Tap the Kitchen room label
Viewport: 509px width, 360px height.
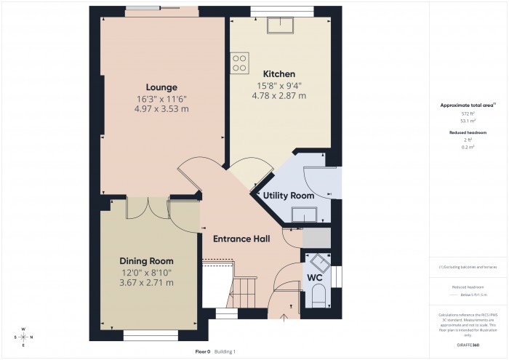coord(278,74)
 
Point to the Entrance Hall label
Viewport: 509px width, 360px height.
coord(241,239)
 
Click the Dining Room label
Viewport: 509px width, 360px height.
coord(146,260)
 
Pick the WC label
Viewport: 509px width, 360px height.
coord(315,278)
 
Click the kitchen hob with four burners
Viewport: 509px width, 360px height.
coord(239,63)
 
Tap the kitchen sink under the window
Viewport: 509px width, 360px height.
coord(279,26)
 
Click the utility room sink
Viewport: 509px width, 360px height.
coord(303,213)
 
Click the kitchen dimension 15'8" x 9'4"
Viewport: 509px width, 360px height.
coord(278,85)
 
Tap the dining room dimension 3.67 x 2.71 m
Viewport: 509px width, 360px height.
coord(146,282)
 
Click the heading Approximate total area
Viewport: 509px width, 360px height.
coord(465,105)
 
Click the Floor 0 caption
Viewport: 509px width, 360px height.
coord(202,351)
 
